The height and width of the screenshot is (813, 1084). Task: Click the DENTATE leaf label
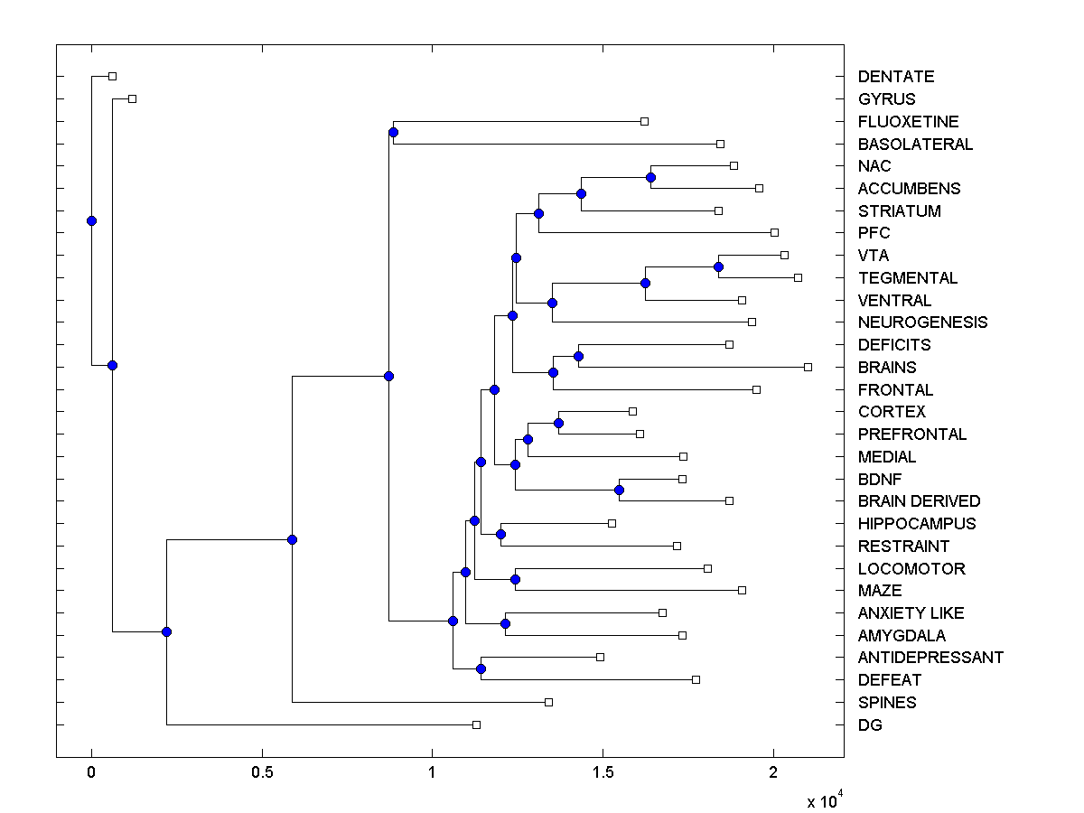click(895, 77)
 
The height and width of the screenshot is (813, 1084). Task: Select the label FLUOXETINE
click(908, 121)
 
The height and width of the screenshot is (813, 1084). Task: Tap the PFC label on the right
click(874, 233)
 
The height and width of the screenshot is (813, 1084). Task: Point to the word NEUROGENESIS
click(922, 322)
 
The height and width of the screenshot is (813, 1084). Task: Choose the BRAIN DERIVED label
click(919, 501)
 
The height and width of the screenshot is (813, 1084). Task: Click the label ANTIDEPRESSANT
click(930, 658)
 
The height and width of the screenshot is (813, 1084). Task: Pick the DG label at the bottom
click(870, 724)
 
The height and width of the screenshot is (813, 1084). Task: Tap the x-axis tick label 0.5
click(262, 774)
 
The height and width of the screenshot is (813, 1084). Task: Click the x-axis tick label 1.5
click(603, 774)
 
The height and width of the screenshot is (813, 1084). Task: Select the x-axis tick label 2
click(773, 774)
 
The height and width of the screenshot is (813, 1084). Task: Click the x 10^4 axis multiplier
click(825, 800)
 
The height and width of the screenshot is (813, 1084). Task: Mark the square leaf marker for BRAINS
click(808, 367)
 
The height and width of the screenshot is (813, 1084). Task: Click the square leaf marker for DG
click(476, 724)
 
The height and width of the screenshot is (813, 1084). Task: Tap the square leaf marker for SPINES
click(548, 702)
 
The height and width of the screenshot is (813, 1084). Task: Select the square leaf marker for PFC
click(774, 232)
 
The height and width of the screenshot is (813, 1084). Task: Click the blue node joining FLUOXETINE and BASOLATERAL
click(393, 133)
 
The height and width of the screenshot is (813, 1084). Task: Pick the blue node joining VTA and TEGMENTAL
click(718, 266)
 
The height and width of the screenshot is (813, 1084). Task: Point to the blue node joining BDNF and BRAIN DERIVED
click(619, 491)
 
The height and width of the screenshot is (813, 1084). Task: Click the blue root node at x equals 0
click(91, 220)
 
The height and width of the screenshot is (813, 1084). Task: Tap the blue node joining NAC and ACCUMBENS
click(650, 177)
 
